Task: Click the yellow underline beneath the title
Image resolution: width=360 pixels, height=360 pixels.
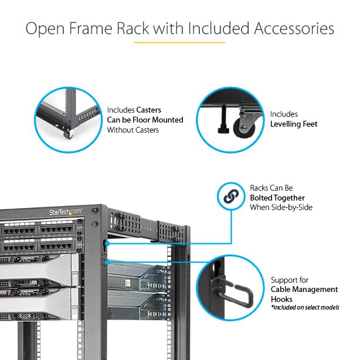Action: point(179,42)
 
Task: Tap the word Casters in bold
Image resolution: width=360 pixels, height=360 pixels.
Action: point(148,110)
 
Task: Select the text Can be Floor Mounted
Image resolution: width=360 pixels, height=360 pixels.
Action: point(145,120)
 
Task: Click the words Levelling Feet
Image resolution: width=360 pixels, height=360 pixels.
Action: point(293,124)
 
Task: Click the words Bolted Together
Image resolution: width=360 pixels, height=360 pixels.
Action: point(278,198)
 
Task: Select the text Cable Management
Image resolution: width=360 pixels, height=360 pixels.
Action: point(304,289)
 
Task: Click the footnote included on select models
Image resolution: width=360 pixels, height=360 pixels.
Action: point(304,307)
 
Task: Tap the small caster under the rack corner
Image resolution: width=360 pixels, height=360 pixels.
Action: point(68,135)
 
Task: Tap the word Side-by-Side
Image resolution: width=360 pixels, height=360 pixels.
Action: point(290,207)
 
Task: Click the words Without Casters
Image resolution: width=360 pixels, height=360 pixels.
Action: point(133,130)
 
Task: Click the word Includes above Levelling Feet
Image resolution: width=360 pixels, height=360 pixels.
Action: point(284,114)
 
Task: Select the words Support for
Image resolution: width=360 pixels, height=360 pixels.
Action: point(290,280)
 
